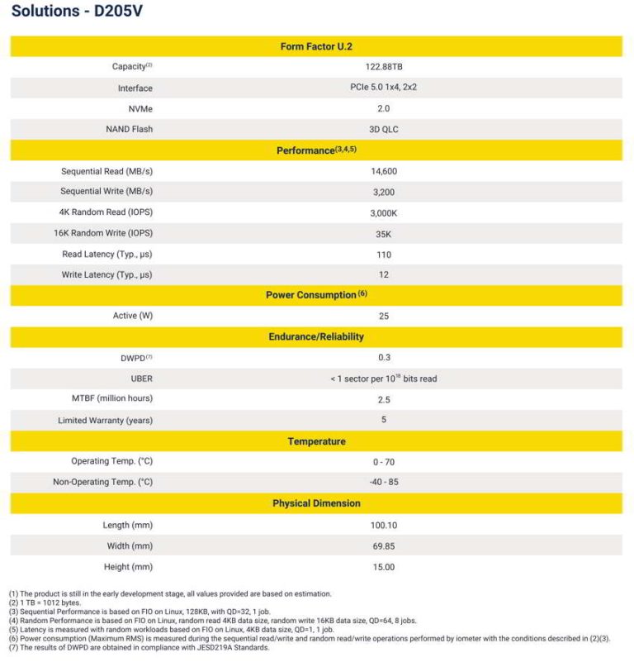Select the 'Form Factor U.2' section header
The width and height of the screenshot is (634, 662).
point(316,47)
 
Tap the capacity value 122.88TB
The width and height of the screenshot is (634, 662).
point(382,67)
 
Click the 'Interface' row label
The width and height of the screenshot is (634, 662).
point(135,88)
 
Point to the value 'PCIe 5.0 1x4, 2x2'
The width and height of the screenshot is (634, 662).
point(383,88)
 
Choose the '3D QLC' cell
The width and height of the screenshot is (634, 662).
point(383,129)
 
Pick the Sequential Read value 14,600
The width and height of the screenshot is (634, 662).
point(383,171)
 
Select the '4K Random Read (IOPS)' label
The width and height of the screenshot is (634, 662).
point(106,212)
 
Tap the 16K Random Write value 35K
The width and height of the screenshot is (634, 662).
point(383,234)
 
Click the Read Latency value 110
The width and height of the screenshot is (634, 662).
point(383,255)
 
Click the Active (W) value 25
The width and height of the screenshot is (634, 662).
point(383,316)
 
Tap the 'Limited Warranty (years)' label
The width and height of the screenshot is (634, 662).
point(105,421)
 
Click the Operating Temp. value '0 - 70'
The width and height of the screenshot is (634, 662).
point(383,461)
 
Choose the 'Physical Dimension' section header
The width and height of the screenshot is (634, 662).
point(316,503)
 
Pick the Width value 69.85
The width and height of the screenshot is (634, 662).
point(383,545)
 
